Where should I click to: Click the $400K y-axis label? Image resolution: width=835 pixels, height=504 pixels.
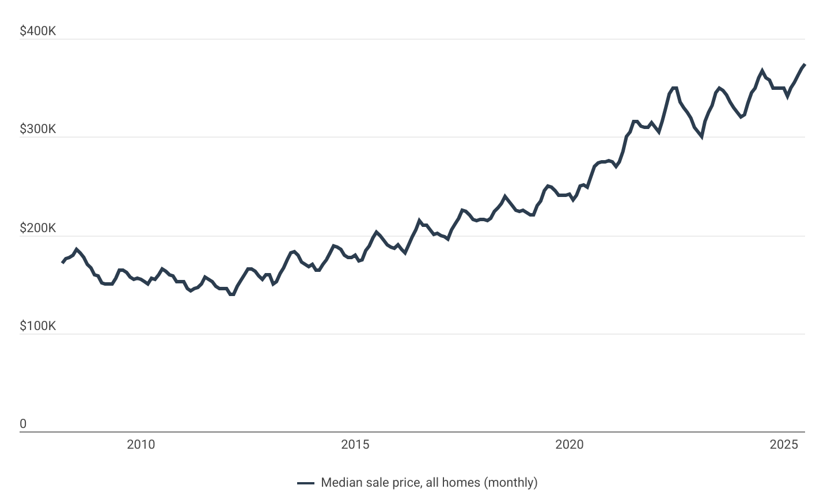click(38, 31)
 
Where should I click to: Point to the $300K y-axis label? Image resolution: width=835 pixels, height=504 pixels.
click(38, 129)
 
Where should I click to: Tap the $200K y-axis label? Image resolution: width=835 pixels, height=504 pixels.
click(38, 228)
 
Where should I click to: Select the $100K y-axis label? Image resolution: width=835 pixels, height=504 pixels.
click(38, 326)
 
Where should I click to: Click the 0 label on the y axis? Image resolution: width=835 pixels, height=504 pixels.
click(23, 424)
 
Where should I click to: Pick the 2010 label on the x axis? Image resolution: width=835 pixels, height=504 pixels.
click(141, 444)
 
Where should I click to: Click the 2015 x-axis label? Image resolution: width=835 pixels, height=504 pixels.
click(355, 444)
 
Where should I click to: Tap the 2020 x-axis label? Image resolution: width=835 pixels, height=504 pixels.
click(570, 444)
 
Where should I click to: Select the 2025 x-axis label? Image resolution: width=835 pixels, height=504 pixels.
click(784, 444)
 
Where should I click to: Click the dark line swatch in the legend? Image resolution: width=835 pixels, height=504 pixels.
click(306, 483)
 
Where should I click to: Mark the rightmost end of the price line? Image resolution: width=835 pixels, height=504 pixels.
click(804, 65)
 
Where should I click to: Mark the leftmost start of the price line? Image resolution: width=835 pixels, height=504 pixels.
click(62, 263)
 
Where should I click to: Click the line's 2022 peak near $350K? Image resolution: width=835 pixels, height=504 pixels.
click(674, 88)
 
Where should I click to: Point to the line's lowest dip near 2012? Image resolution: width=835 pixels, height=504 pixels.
click(232, 294)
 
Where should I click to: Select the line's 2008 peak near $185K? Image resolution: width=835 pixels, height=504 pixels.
click(77, 249)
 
